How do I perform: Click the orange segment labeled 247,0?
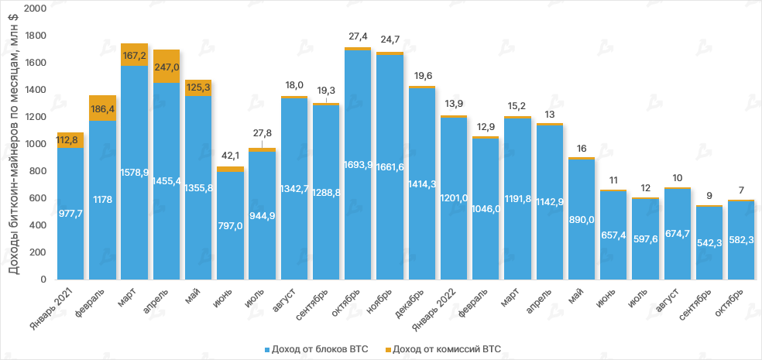click(166, 67)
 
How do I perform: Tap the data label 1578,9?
click(135, 171)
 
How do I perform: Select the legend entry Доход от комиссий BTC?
click(442, 349)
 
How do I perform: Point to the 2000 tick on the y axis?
click(36, 9)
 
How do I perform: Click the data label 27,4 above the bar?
click(358, 36)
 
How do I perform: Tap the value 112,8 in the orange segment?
click(71, 140)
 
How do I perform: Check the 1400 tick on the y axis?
click(36, 90)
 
